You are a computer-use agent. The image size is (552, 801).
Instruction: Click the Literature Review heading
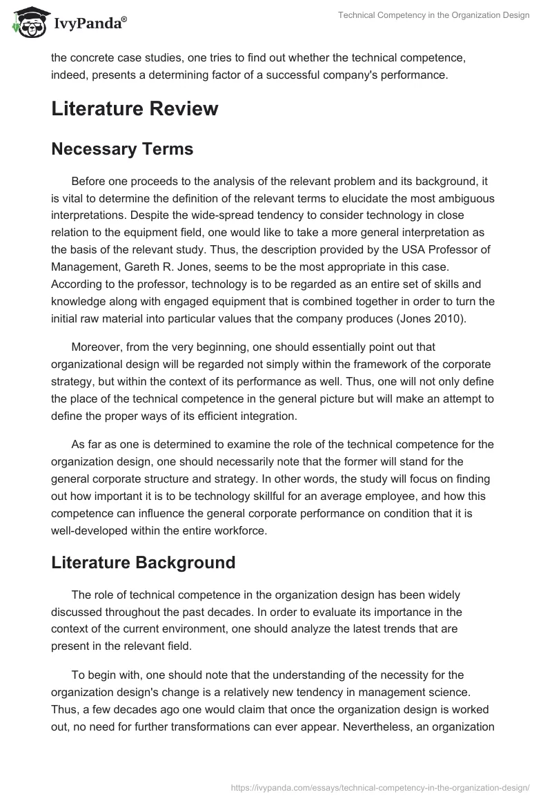click(135, 109)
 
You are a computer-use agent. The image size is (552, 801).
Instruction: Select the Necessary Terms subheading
click(122, 148)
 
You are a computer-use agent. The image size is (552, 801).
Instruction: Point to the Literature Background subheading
click(144, 562)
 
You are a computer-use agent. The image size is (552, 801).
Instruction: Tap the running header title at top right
click(433, 15)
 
